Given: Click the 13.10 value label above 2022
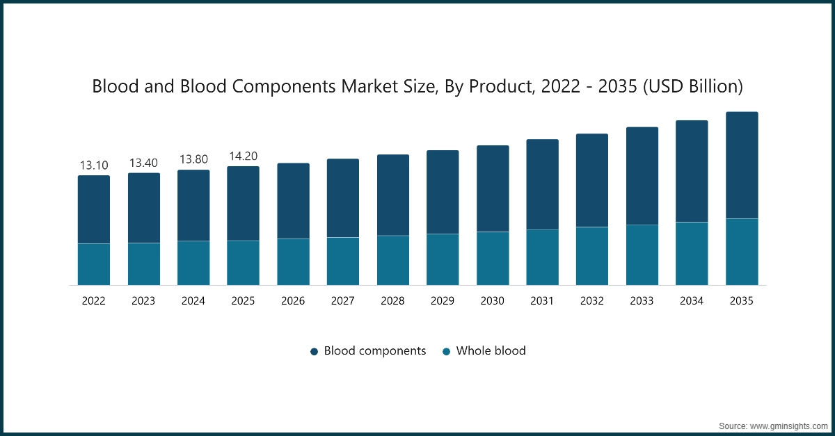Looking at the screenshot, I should (94, 165).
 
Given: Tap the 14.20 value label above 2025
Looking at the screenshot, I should (244, 156).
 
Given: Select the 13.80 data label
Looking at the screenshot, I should (193, 160).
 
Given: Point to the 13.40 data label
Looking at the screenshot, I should (143, 163).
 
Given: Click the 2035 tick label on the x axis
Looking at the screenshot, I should (742, 301).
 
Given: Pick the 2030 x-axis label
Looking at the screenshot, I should (493, 301).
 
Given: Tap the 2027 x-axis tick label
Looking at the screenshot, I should (343, 301).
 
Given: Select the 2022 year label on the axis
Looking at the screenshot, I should (94, 301).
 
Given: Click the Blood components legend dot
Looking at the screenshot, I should (315, 352).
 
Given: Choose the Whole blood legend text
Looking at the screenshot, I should (491, 351).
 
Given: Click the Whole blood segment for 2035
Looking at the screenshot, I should (742, 252).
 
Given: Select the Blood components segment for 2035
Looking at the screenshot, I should (742, 165).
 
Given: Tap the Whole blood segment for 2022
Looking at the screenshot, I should (94, 264).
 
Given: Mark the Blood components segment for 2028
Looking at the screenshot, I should (393, 195).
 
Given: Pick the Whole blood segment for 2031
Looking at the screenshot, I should (543, 257).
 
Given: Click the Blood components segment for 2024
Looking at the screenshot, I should (193, 205).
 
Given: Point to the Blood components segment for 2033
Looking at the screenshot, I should (642, 176).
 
